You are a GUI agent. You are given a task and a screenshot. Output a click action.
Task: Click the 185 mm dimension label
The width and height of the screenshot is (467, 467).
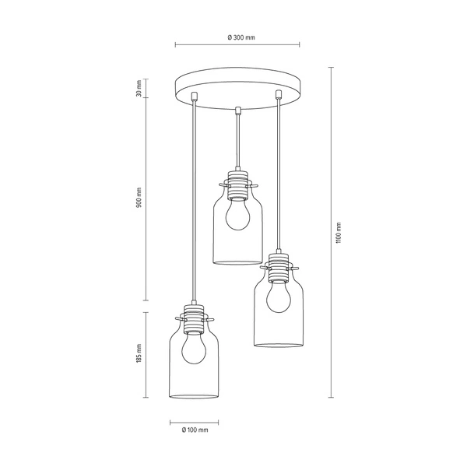click(139, 355)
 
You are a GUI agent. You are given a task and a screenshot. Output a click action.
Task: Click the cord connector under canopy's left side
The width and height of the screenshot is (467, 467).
click(194, 97)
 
